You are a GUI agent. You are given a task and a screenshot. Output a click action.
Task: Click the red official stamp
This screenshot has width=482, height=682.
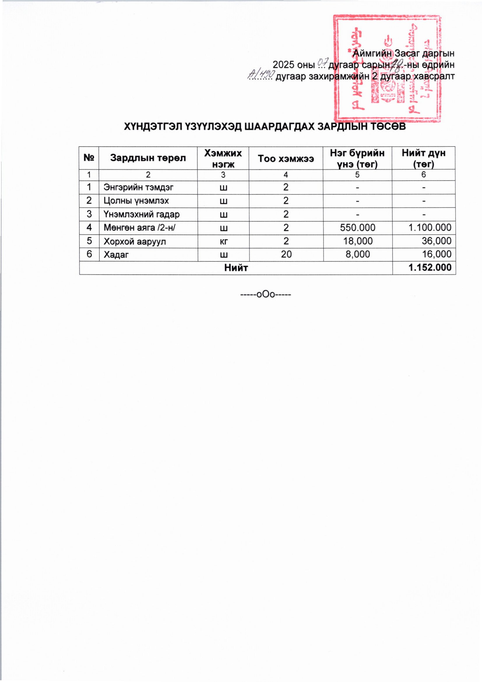(386, 69)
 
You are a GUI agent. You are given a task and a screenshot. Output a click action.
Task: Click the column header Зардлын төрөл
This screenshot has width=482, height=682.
(148, 158)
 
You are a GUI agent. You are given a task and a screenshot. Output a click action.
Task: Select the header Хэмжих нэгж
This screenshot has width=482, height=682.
(223, 158)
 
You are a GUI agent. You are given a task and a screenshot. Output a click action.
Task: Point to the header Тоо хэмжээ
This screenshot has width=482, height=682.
(286, 158)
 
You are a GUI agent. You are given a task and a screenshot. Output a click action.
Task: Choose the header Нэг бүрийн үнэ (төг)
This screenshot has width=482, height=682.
(357, 158)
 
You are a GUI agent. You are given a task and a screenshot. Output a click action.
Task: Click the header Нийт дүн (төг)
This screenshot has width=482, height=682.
(423, 158)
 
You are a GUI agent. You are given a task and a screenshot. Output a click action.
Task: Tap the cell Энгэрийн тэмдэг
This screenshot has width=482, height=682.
(138, 188)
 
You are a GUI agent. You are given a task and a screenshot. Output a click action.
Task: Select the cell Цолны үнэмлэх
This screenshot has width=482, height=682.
(136, 201)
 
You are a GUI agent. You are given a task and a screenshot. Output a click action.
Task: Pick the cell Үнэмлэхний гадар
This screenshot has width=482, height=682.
(141, 214)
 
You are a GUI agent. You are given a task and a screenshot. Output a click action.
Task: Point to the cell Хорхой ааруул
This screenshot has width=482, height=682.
(134, 241)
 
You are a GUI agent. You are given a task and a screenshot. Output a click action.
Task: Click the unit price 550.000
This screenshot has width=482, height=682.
(357, 228)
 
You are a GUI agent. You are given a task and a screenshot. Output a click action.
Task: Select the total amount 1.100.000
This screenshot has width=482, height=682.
(430, 228)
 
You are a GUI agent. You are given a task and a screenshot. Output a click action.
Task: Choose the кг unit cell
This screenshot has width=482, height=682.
(223, 241)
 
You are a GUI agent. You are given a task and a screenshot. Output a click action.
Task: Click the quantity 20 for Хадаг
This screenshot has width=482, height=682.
(286, 254)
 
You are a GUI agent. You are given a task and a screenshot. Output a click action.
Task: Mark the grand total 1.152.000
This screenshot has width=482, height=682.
(430, 267)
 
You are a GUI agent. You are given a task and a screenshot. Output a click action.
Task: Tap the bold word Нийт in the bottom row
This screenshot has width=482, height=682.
(236, 267)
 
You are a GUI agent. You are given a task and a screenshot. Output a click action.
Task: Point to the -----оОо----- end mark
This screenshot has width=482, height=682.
(265, 295)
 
